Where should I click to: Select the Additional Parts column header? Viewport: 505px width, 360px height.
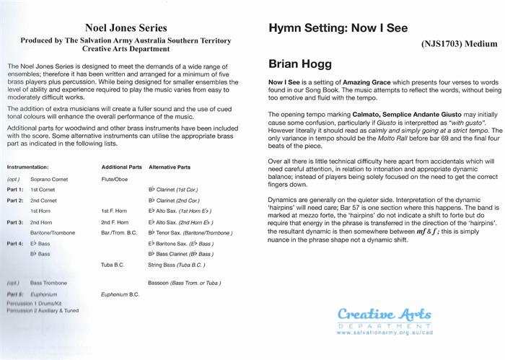pyautogui.click(x=122, y=167)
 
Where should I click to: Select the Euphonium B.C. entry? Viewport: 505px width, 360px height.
pyautogui.click(x=120, y=295)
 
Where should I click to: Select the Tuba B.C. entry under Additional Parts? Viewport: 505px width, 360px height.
pyautogui.click(x=113, y=265)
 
